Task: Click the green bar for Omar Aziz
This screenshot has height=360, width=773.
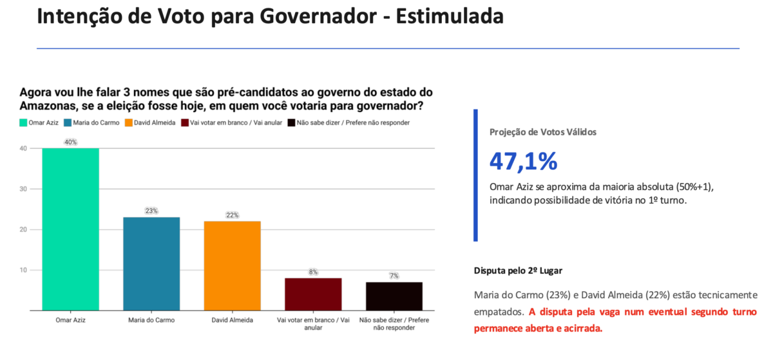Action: coord(70,229)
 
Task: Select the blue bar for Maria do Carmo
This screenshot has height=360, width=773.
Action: coord(151,264)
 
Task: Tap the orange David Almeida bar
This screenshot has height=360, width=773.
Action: coord(233,266)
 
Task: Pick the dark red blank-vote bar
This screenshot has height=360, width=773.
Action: coord(313,294)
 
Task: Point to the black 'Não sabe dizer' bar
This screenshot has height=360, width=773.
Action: coord(394,296)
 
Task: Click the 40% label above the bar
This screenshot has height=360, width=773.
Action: coord(70,142)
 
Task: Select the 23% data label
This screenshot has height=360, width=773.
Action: coord(151,211)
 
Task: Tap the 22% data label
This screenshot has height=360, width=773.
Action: coord(233,215)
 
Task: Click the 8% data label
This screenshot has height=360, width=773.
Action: coord(313,272)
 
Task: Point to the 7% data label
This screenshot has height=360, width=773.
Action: coord(394,276)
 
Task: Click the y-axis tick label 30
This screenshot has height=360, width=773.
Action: coord(23,189)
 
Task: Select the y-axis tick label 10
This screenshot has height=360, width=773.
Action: coord(23,270)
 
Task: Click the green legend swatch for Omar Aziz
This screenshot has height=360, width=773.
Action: coord(23,123)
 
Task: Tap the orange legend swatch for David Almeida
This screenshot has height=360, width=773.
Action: coord(129,123)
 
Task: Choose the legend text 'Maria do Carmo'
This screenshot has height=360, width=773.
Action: coord(96,123)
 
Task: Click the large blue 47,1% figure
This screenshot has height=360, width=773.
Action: coord(524,162)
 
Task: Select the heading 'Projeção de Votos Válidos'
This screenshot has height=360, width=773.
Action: coord(543,132)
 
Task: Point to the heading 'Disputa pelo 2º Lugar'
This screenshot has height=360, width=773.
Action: coord(518,270)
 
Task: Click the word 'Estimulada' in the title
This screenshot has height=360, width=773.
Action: coord(450,16)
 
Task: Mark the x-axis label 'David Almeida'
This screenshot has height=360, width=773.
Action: coord(233,320)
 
